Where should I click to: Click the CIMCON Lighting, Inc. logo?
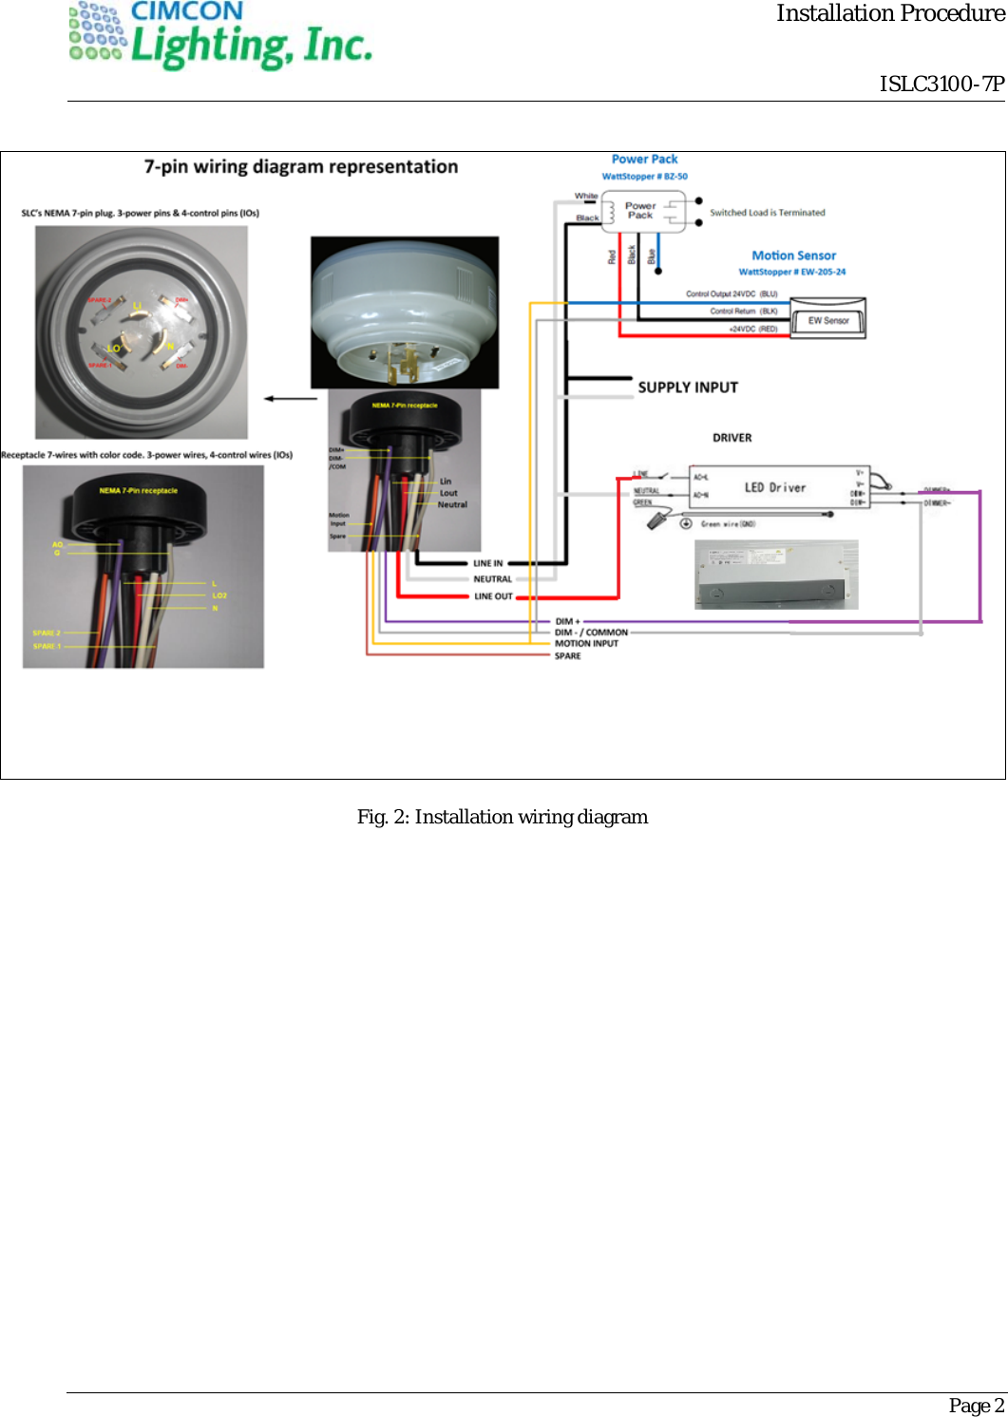pyautogui.click(x=220, y=36)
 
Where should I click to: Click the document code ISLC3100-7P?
pyautogui.click(x=941, y=85)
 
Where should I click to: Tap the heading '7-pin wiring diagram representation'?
pyautogui.click(x=300, y=167)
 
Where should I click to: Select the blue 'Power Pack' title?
pyautogui.click(x=644, y=160)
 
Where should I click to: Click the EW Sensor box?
pyautogui.click(x=828, y=320)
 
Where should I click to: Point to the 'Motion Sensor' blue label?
pyautogui.click(x=793, y=255)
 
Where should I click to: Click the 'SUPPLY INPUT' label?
pyautogui.click(x=688, y=387)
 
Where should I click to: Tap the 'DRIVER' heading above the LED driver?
pyautogui.click(x=732, y=438)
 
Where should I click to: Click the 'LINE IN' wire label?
pyautogui.click(x=488, y=563)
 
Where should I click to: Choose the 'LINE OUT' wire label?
pyautogui.click(x=493, y=596)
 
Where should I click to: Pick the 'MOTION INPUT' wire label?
pyautogui.click(x=586, y=644)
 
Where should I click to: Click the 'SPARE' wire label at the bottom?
pyautogui.click(x=567, y=656)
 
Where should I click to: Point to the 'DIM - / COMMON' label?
pyautogui.click(x=591, y=633)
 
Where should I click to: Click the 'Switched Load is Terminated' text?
pyautogui.click(x=767, y=213)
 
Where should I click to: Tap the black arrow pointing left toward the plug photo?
pyautogui.click(x=290, y=399)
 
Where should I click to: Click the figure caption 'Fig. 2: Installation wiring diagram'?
pyautogui.click(x=503, y=817)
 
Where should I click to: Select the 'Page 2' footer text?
pyautogui.click(x=976, y=1406)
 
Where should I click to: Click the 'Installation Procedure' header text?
pyautogui.click(x=889, y=13)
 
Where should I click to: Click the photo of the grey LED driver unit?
pyautogui.click(x=776, y=575)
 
